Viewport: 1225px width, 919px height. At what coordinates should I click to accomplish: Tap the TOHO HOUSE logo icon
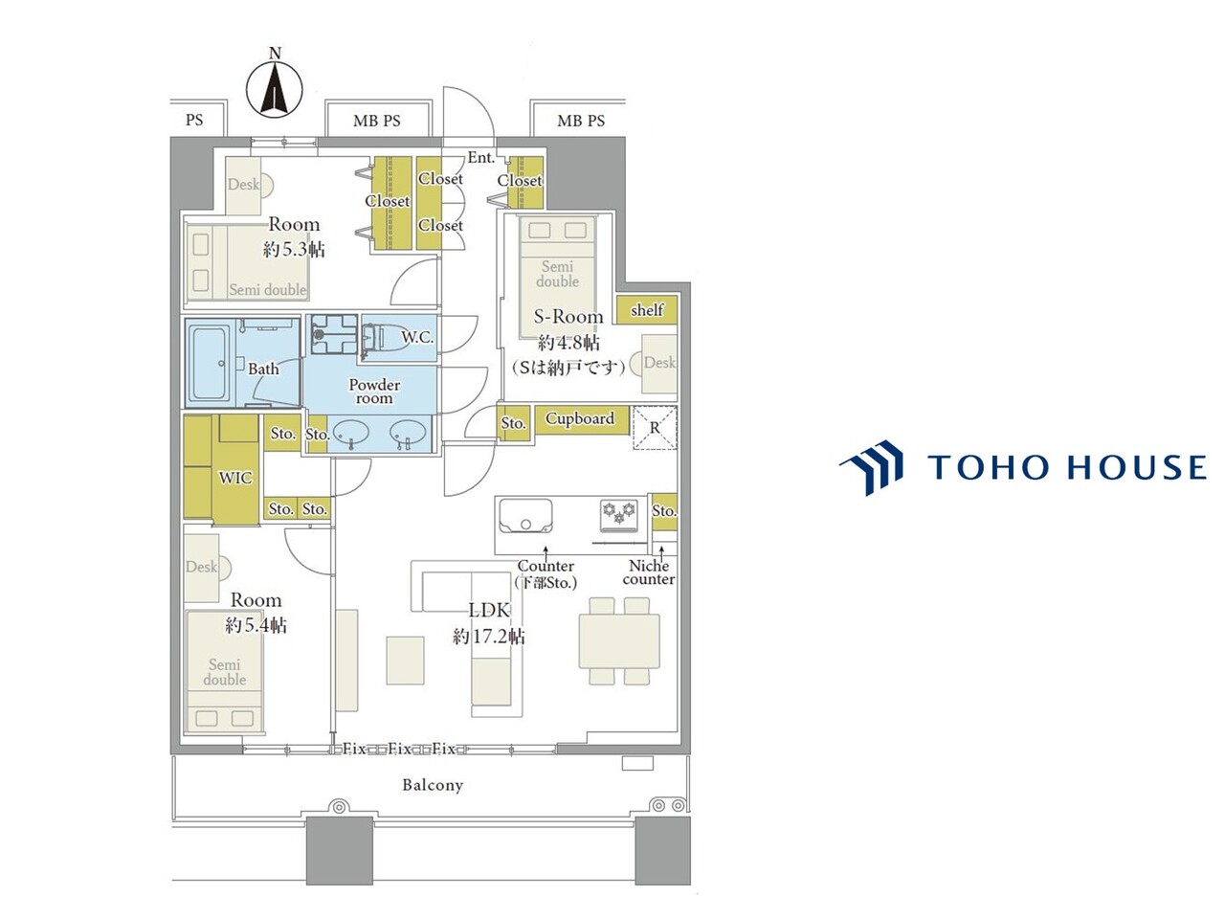coord(871,467)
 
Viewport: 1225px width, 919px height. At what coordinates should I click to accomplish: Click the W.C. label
coord(417,338)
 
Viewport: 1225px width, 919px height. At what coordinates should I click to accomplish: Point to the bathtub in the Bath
coord(210,363)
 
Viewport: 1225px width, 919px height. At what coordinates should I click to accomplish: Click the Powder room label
coord(374,392)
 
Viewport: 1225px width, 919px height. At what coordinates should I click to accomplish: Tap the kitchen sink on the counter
coord(525,516)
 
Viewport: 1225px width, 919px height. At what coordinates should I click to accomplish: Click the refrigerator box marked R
coord(655,428)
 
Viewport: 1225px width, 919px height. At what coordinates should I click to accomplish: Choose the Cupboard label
coord(580,418)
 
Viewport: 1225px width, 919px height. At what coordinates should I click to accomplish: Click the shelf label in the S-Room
coord(647,309)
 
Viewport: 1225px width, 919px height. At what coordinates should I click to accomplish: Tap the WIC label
coord(235,478)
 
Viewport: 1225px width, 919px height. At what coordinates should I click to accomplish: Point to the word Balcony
coord(433,785)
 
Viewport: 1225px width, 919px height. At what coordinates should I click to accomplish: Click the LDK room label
coord(489,611)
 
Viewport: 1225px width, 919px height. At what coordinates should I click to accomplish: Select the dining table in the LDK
coord(619,641)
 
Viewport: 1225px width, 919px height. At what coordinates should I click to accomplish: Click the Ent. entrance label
coord(481,158)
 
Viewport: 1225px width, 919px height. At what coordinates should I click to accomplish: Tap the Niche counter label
coord(649,572)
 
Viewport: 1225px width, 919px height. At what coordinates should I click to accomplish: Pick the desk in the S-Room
coord(658,364)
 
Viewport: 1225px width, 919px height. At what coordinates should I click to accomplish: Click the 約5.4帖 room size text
coord(256,625)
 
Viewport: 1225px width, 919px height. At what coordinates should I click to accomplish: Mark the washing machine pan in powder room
coord(334,334)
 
